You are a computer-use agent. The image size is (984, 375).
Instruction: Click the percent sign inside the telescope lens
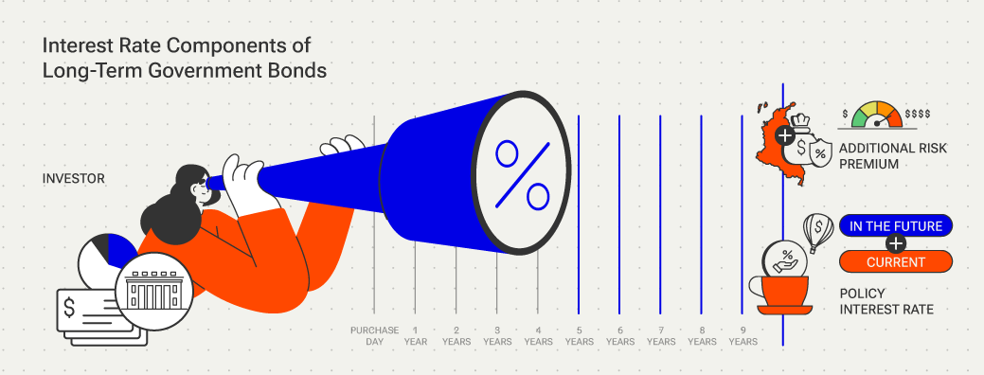click(x=523, y=175)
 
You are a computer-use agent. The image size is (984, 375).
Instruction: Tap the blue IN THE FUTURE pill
click(x=895, y=225)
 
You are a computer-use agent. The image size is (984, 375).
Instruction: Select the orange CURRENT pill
click(x=895, y=261)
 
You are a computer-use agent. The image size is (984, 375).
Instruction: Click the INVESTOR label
click(x=74, y=178)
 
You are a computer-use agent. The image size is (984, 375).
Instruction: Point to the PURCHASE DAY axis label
click(x=374, y=335)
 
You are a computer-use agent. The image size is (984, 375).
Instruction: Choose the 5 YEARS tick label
click(x=579, y=335)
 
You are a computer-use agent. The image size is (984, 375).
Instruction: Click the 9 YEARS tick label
click(x=742, y=335)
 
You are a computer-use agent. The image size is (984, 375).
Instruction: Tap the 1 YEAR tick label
click(x=415, y=335)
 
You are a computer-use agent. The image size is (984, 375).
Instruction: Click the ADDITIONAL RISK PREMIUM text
click(x=893, y=156)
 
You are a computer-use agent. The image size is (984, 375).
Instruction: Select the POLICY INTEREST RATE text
click(x=886, y=302)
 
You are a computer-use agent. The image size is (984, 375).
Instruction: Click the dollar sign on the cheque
click(x=72, y=308)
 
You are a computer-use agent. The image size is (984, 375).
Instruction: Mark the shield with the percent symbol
click(x=820, y=152)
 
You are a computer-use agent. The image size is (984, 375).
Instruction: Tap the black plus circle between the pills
click(x=895, y=243)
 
